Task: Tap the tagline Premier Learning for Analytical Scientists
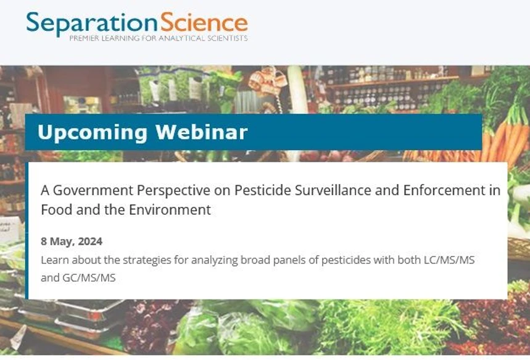point(158,38)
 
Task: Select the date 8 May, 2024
point(72,241)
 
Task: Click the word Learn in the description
point(52,260)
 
